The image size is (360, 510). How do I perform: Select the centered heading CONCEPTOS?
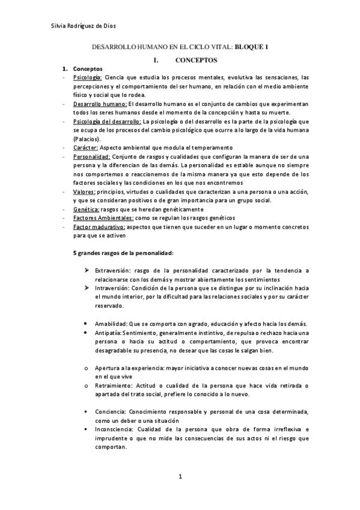196,60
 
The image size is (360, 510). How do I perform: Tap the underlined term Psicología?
87,78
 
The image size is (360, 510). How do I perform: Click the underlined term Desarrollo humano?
100,104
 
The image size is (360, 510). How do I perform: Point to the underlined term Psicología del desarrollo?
107,121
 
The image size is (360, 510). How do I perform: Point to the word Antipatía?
109,332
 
